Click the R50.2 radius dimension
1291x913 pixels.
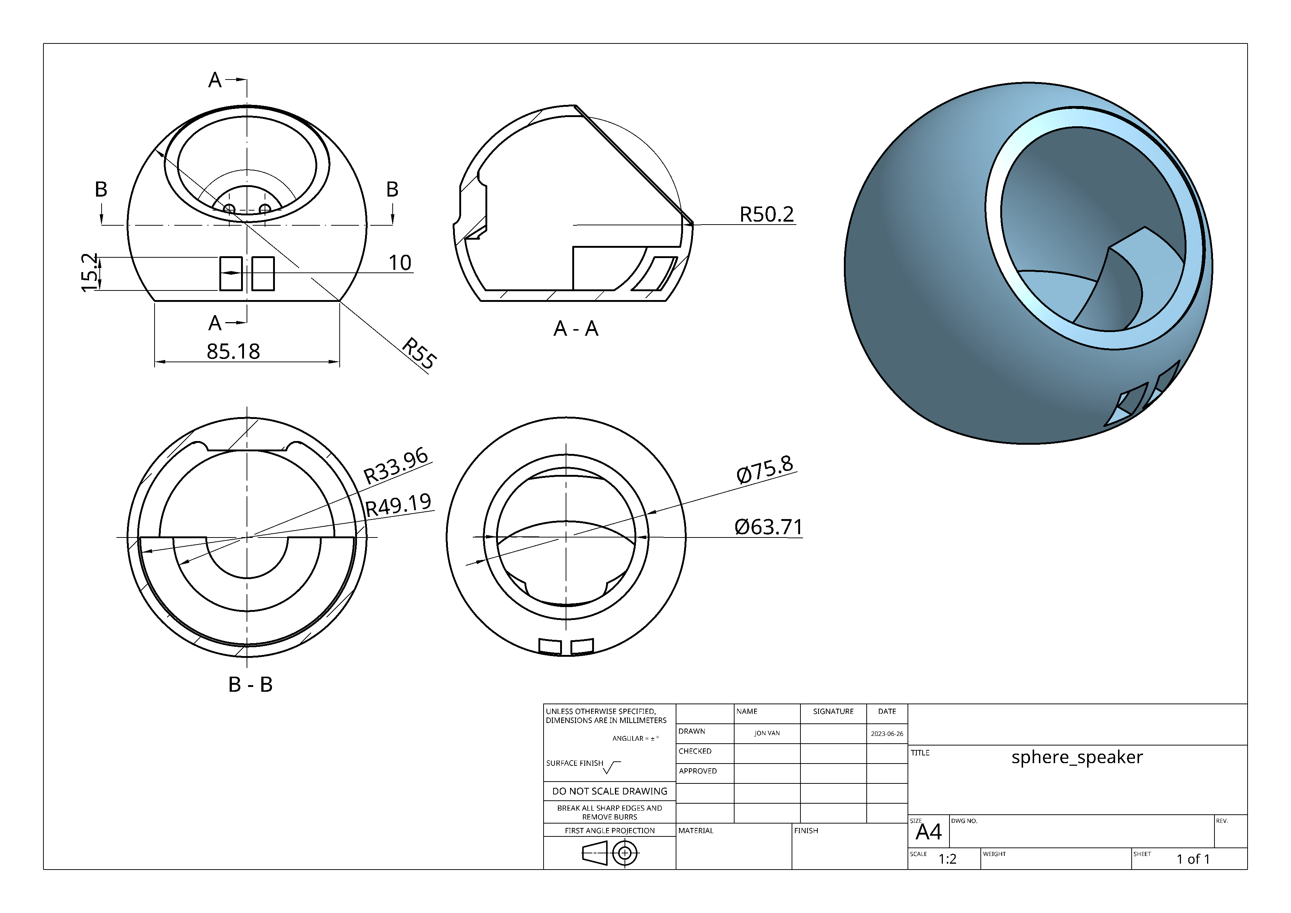(766, 214)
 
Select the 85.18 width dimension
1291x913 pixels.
(233, 352)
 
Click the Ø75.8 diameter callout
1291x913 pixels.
(765, 469)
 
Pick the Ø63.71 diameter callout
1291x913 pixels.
(768, 527)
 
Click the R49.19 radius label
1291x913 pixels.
(399, 505)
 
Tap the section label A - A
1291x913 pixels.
(576, 328)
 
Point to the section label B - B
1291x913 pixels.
(250, 685)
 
